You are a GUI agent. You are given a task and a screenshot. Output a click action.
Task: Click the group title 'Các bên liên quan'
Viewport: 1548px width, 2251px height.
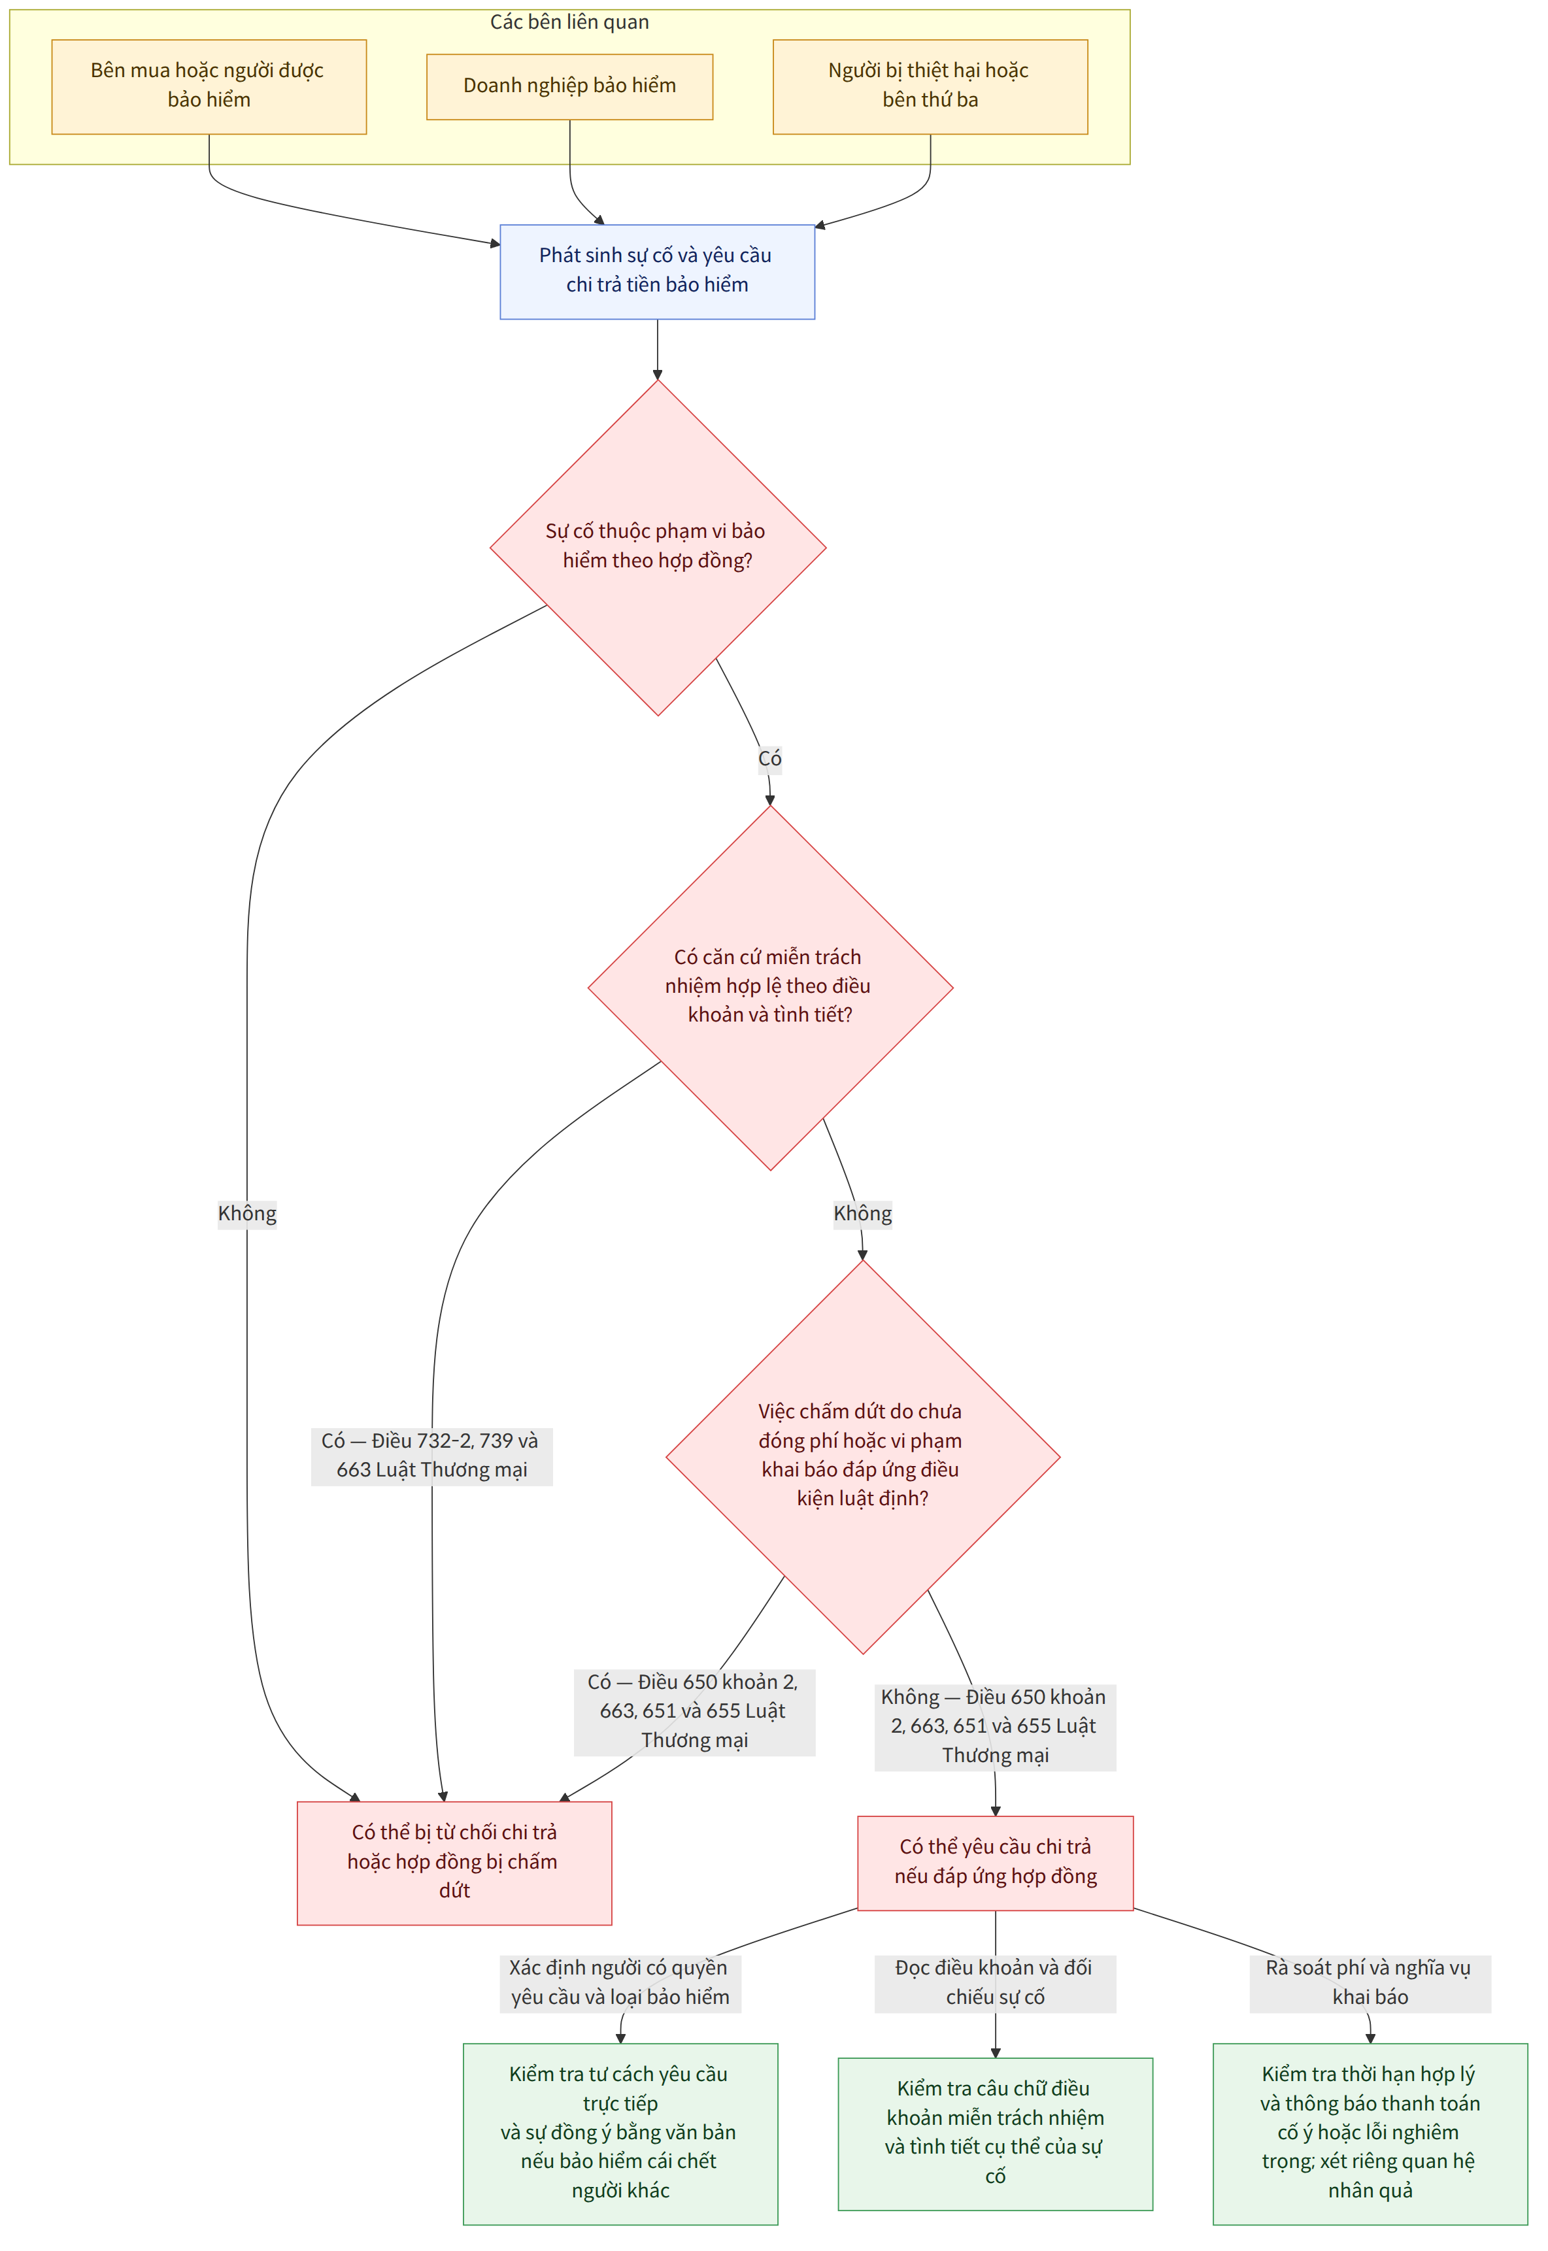(569, 22)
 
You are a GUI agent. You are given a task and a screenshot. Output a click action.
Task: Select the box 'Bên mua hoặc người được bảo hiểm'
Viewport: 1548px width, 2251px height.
(209, 86)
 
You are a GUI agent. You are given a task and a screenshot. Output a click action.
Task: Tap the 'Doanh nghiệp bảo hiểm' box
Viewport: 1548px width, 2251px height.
(569, 86)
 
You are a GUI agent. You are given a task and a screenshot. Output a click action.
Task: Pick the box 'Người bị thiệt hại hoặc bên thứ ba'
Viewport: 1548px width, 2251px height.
(930, 86)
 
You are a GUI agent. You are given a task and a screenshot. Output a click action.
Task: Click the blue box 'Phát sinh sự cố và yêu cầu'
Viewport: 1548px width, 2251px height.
(656, 271)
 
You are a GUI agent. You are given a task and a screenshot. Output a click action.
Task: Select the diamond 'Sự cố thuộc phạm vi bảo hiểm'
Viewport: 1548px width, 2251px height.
(658, 547)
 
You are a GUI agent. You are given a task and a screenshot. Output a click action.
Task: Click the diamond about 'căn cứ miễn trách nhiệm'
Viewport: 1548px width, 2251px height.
(770, 988)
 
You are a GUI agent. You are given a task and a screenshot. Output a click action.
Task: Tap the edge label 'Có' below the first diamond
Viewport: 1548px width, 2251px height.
(770, 758)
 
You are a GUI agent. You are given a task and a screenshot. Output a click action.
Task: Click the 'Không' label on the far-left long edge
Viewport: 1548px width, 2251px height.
(246, 1213)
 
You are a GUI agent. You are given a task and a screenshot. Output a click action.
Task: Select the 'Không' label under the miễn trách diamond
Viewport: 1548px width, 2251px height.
(862, 1213)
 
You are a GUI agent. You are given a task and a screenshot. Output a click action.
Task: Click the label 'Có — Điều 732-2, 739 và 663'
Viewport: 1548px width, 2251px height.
(431, 1456)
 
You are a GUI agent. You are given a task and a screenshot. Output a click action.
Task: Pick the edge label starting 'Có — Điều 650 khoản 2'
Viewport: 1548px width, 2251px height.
(694, 1710)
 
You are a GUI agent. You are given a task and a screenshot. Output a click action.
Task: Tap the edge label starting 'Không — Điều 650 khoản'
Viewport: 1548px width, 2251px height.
(995, 1726)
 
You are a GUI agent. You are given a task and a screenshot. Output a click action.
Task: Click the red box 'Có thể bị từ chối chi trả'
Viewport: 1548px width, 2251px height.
(454, 1862)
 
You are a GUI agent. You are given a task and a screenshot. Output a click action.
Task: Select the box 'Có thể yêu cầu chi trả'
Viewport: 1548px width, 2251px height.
(995, 1862)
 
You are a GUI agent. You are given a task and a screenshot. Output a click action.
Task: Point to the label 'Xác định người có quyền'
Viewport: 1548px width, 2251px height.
(620, 1982)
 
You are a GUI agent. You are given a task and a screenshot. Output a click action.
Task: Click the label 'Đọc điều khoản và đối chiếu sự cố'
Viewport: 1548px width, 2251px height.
(995, 1982)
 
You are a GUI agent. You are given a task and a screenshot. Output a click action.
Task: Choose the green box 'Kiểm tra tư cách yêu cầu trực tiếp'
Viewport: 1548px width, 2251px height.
(620, 2133)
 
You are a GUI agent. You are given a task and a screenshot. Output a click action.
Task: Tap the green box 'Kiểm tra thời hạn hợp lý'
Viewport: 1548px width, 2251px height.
(1370, 2133)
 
